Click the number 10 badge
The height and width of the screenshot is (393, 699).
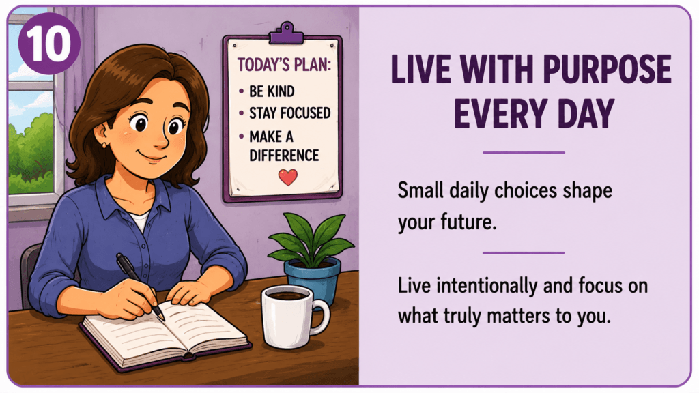[49, 44]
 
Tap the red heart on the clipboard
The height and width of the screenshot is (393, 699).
[288, 177]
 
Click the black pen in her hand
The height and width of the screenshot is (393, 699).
[140, 286]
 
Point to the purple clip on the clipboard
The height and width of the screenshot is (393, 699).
[287, 34]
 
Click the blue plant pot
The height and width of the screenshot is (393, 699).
[313, 280]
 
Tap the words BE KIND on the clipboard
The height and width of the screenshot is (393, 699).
[272, 91]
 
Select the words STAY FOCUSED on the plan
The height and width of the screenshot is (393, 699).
[289, 113]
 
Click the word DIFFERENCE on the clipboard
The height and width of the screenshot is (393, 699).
[284, 156]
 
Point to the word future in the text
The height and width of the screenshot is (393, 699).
[468, 222]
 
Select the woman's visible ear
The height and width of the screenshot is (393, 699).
[102, 134]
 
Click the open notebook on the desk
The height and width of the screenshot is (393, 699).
[165, 334]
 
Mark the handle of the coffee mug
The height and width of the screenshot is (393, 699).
[322, 316]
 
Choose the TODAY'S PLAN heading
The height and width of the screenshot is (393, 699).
[285, 65]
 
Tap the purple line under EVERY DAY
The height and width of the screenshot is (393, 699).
[524, 152]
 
